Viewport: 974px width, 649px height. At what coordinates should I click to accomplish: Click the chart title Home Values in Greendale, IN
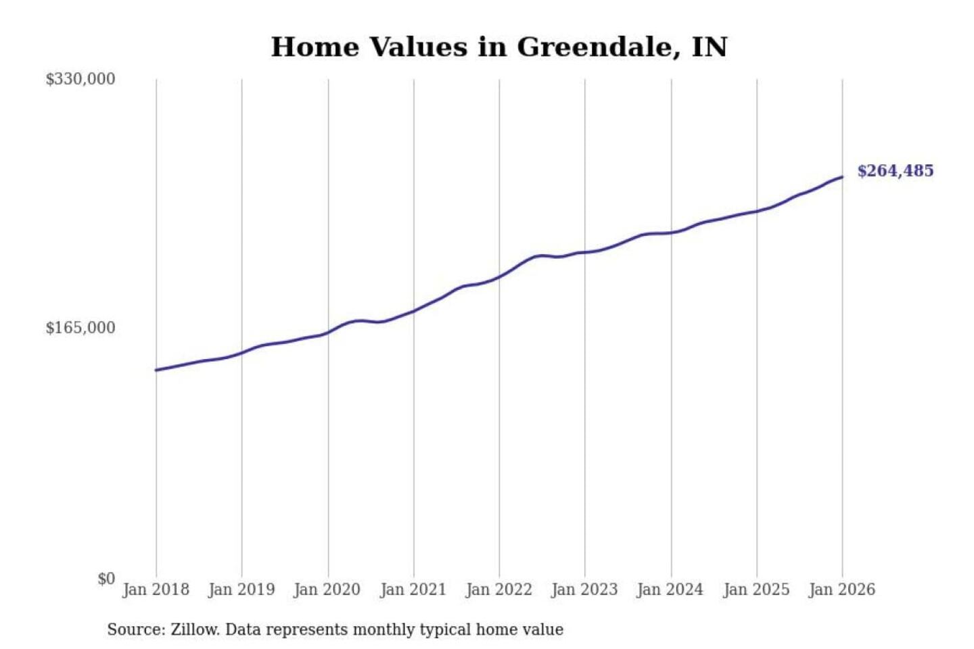click(499, 47)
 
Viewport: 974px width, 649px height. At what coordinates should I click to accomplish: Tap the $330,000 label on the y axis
click(80, 79)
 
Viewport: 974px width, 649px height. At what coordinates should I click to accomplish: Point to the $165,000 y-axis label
click(80, 327)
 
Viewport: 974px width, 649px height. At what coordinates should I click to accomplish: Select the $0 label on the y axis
click(107, 579)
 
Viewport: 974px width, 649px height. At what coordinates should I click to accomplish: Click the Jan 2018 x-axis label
click(156, 590)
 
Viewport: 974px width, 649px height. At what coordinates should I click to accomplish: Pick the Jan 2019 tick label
click(241, 590)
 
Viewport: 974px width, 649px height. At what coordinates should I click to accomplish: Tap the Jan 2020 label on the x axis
click(327, 590)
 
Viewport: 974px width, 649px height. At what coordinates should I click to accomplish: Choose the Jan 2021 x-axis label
click(413, 590)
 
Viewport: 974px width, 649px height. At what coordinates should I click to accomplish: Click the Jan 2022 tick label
click(499, 590)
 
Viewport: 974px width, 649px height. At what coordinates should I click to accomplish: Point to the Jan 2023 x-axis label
click(585, 590)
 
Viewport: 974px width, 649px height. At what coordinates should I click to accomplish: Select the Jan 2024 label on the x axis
click(670, 590)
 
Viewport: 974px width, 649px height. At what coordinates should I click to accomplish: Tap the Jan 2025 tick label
click(757, 590)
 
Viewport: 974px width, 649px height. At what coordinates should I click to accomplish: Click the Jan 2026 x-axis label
click(842, 590)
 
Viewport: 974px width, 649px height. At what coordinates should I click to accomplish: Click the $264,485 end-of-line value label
click(896, 171)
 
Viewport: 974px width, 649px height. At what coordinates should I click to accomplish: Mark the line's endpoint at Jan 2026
click(842, 177)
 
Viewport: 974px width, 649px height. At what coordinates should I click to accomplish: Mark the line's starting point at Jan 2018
click(156, 370)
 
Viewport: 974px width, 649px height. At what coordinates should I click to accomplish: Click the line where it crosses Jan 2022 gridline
click(499, 277)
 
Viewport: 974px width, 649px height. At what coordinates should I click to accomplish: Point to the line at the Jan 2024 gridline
click(671, 233)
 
